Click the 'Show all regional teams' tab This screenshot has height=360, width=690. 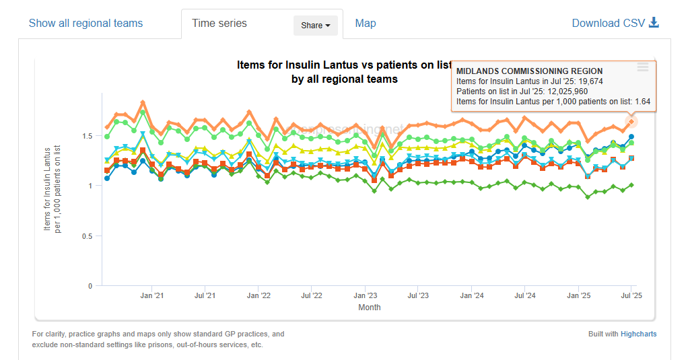(x=85, y=24)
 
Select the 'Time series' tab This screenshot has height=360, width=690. (x=219, y=24)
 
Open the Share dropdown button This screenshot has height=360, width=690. (x=315, y=26)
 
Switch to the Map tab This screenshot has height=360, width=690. (x=366, y=24)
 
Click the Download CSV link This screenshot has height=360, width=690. (x=615, y=24)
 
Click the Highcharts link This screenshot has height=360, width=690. (x=638, y=334)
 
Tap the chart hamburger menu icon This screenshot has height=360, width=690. (x=643, y=67)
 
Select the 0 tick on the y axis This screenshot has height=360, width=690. (x=90, y=286)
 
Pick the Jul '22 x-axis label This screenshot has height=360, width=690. (x=312, y=295)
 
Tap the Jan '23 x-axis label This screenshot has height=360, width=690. (x=365, y=295)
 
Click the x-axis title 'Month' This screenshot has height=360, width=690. (x=369, y=308)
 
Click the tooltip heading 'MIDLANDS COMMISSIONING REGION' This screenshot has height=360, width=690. (x=529, y=71)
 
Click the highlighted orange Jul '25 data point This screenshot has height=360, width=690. (x=631, y=122)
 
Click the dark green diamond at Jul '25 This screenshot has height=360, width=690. (x=631, y=185)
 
